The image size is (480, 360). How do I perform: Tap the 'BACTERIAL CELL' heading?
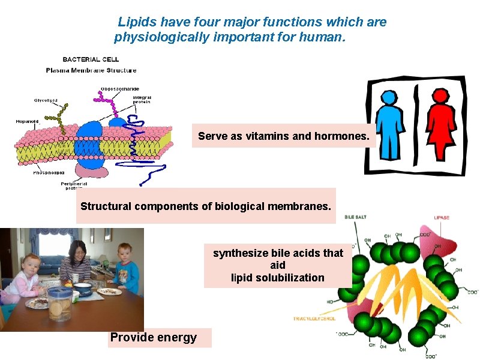pos(91,59)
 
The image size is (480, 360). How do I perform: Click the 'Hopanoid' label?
pos(27,121)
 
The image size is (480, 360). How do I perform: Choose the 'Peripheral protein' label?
pos(76,186)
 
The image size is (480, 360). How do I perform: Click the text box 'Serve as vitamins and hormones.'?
pos(283,136)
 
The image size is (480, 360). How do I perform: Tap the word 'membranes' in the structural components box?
pos(304,206)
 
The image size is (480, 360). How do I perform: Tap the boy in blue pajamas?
pos(124,267)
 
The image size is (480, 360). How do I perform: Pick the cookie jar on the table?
pos(59,304)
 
